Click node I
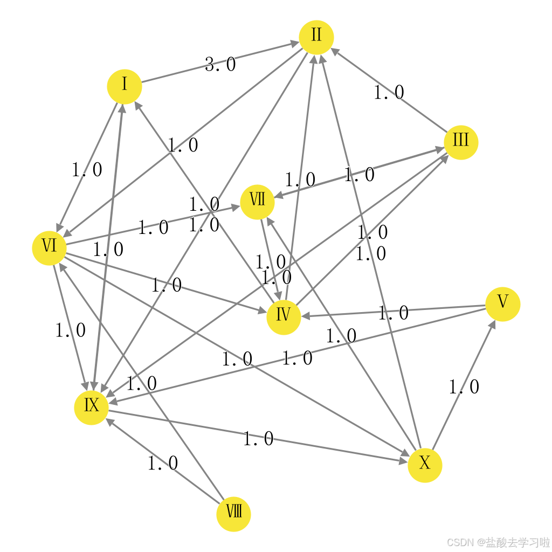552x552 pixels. point(125,86)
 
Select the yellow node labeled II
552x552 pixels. point(316,37)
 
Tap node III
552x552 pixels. point(461,142)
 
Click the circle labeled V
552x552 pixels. point(502,303)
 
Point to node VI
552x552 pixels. point(49,248)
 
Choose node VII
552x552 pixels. point(257,202)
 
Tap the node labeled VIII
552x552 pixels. point(233,514)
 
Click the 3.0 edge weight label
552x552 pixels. point(220,65)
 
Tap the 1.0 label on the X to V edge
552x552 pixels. point(464,387)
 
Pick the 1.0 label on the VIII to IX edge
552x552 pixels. point(163,463)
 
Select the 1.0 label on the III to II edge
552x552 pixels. point(389,93)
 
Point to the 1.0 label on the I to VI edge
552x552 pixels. point(87,170)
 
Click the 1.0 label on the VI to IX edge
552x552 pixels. point(71,330)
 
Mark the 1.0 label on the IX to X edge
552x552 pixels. point(258,439)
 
